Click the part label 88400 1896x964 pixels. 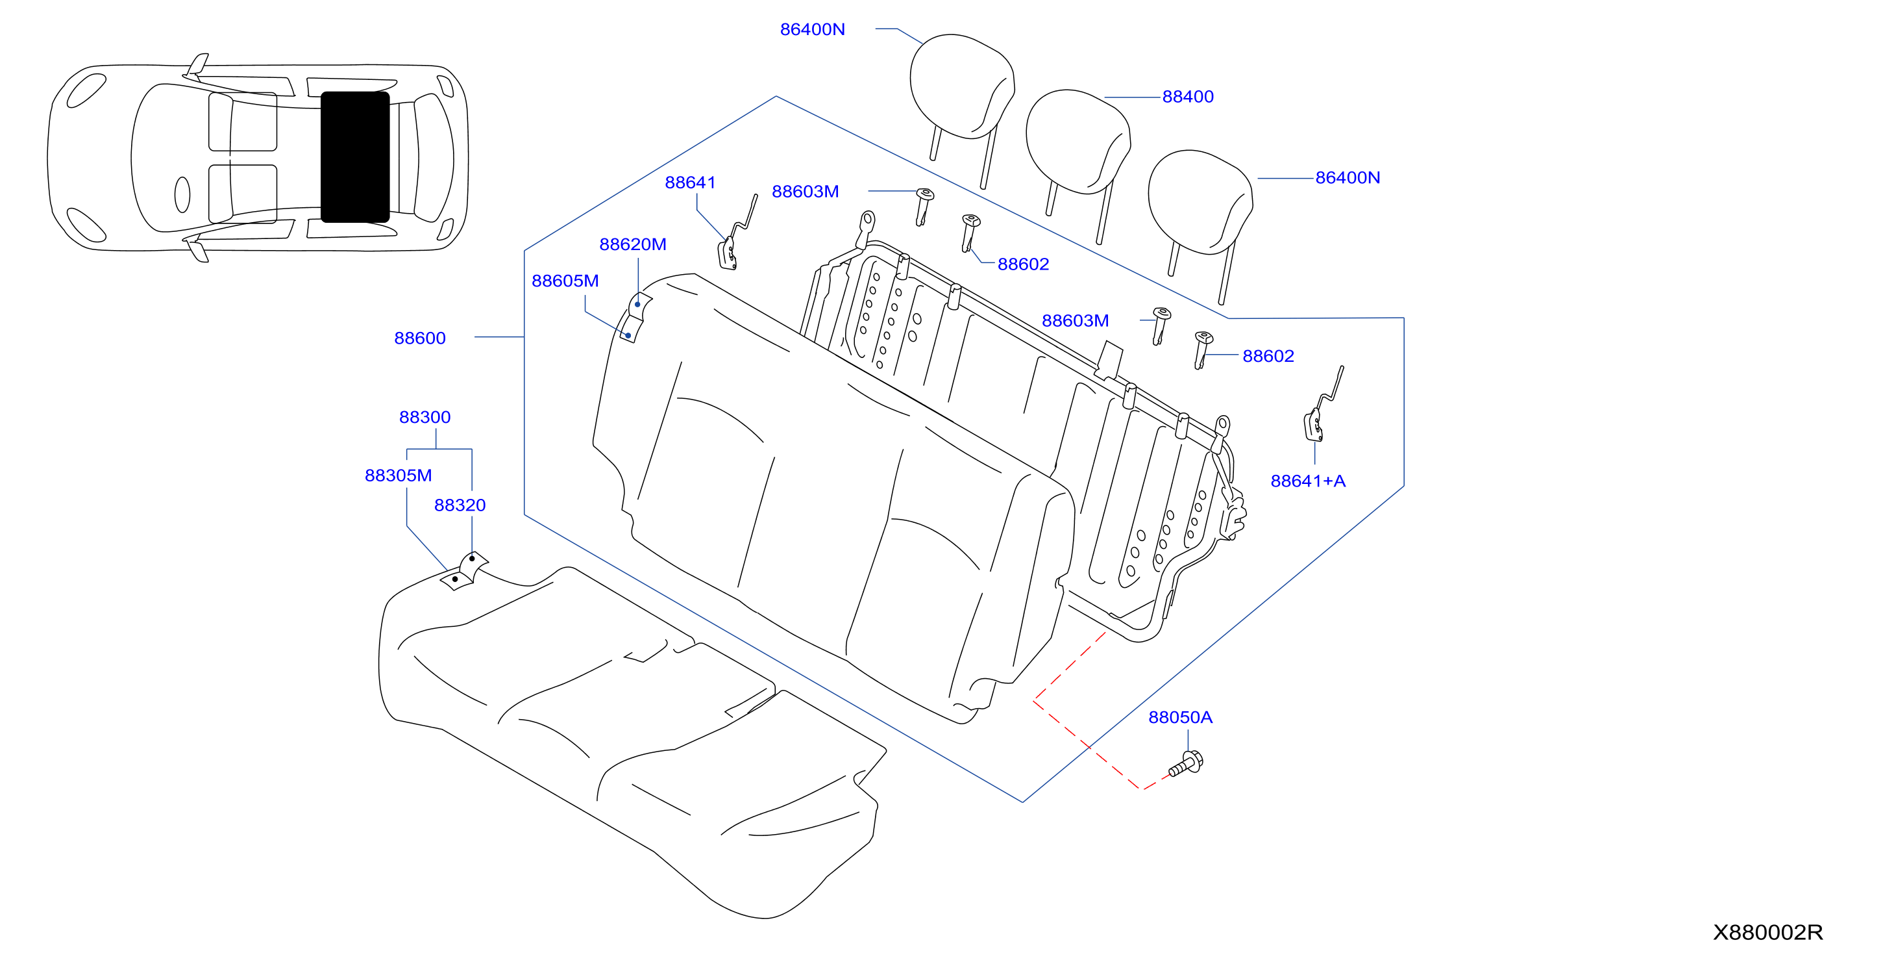pos(1187,97)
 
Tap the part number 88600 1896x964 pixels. pos(419,338)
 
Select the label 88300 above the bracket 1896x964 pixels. pos(425,417)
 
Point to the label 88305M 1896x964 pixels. pos(398,476)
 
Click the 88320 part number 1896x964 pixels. pos(460,505)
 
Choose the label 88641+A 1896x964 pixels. pos(1308,481)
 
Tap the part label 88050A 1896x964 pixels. pos(1180,717)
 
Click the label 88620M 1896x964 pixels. pos(632,244)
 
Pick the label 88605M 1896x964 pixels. pos(565,281)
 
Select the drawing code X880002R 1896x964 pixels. pos(1767,932)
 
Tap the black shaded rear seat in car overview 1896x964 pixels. pos(355,157)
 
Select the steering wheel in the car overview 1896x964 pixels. pos(182,195)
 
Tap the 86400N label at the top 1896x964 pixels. pos(812,29)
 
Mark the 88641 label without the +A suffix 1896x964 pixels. pos(689,183)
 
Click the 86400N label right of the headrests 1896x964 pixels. pos(1347,177)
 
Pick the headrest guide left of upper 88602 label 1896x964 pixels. pos(970,232)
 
